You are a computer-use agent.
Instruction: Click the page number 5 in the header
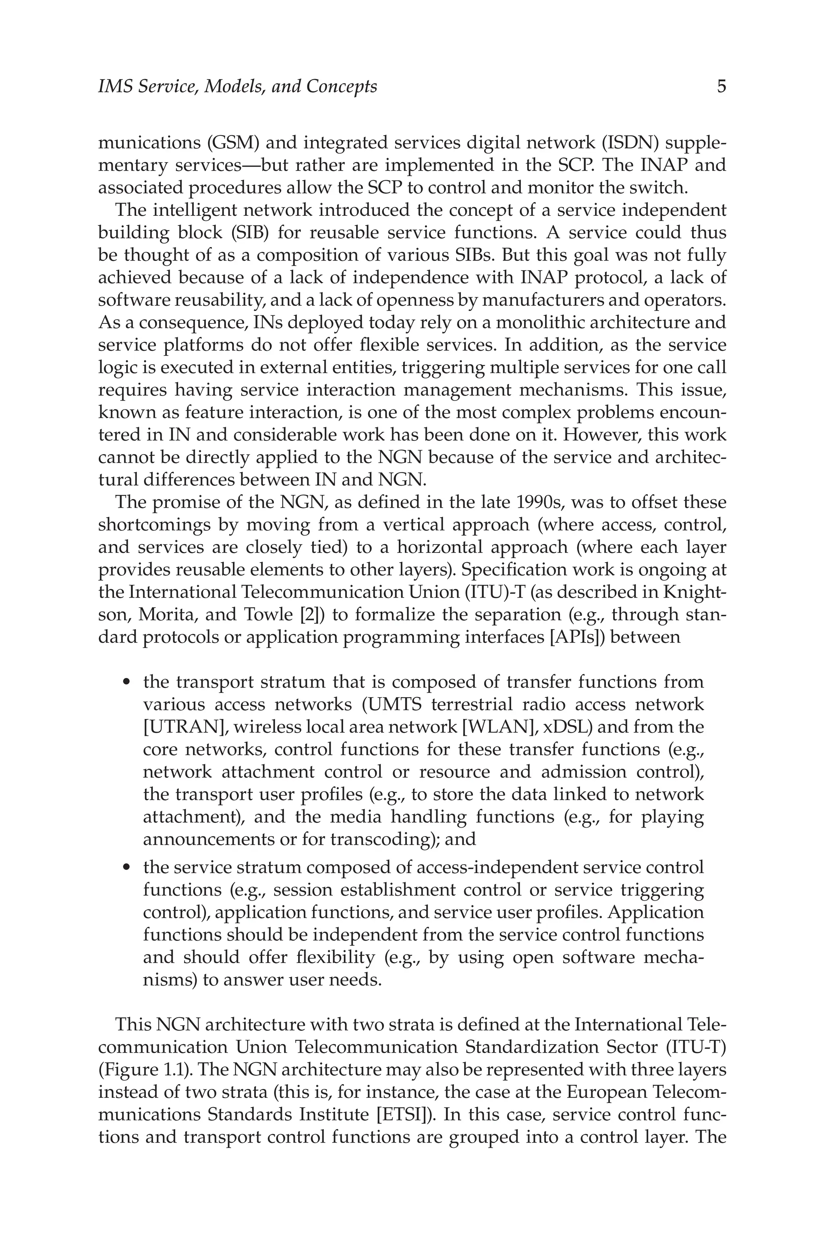[721, 86]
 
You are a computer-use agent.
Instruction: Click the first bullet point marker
[126, 682]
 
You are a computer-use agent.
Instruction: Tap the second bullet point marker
[126, 867]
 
